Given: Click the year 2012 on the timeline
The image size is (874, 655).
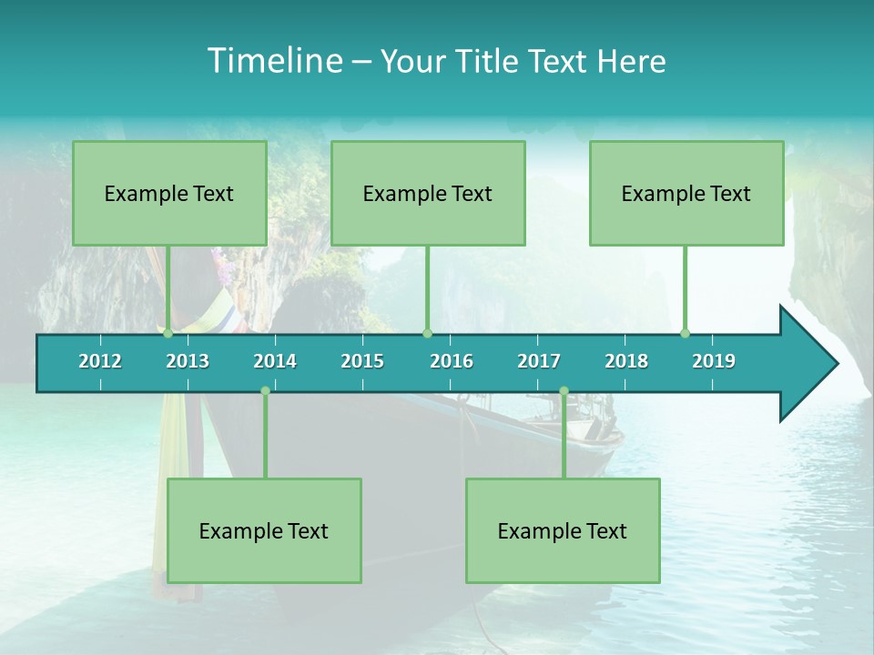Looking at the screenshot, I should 100,361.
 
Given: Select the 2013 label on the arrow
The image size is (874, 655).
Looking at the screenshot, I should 188,361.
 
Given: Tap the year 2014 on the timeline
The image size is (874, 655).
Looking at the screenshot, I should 275,361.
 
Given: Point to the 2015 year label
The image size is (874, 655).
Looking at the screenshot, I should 362,361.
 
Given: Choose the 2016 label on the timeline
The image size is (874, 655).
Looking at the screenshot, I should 452,361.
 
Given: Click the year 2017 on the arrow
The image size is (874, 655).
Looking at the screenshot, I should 539,361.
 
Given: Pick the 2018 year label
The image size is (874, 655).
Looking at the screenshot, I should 626,361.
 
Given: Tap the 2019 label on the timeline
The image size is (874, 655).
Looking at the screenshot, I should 714,361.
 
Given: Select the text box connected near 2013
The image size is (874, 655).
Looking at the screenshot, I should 169,193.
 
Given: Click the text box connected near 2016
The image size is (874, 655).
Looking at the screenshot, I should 428,193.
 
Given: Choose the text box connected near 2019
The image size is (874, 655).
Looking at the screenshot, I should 686,193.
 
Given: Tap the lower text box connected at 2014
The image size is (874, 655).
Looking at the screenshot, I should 264,530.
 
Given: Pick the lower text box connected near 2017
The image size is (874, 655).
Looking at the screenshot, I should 563,530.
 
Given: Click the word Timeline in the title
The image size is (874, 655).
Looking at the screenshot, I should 273,61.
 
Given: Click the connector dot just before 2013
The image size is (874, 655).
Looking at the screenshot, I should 168,333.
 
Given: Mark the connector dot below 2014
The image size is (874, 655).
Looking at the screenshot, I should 265,391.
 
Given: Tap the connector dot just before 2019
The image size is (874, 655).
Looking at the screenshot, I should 686,333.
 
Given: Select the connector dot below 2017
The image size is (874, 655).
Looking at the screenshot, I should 564,391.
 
